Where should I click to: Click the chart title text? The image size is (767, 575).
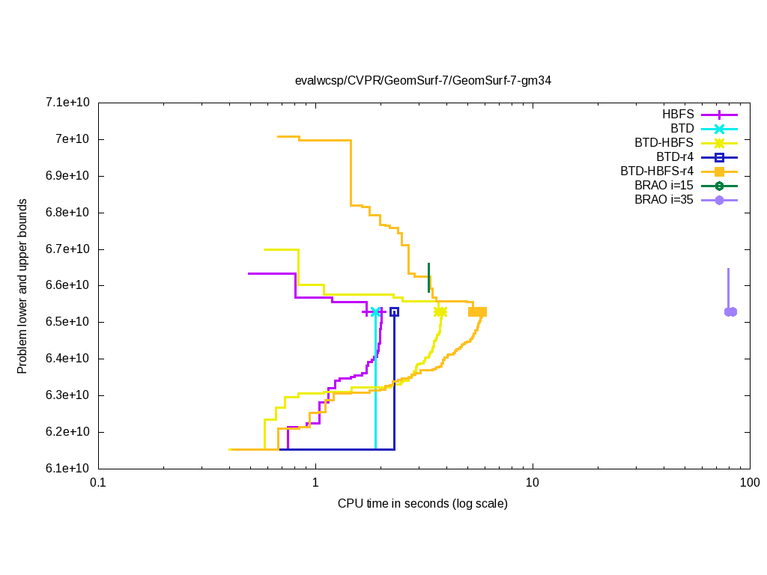pyautogui.click(x=423, y=80)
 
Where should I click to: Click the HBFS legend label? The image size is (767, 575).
pyautogui.click(x=678, y=115)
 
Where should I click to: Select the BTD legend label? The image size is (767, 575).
pyautogui.click(x=682, y=129)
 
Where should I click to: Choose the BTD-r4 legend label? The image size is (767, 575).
pyautogui.click(x=674, y=157)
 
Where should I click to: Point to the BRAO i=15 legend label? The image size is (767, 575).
pyautogui.click(x=664, y=186)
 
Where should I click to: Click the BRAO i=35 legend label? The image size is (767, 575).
pyautogui.click(x=664, y=200)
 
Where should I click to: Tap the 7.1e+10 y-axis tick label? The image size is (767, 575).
pyautogui.click(x=68, y=103)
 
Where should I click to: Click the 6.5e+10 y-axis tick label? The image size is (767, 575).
pyautogui.click(x=68, y=322)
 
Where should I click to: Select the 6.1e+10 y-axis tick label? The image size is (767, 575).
pyautogui.click(x=68, y=469)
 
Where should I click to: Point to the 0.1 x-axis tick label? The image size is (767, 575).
pyautogui.click(x=97, y=483)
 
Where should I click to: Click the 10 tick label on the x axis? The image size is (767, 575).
pyautogui.click(x=533, y=483)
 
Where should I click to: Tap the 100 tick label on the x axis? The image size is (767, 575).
pyautogui.click(x=750, y=483)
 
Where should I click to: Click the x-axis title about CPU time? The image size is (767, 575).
pyautogui.click(x=423, y=503)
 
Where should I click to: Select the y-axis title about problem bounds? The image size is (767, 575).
pyautogui.click(x=23, y=286)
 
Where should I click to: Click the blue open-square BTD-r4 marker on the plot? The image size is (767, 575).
pyautogui.click(x=394, y=311)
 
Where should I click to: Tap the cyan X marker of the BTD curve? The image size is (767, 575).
pyautogui.click(x=375, y=311)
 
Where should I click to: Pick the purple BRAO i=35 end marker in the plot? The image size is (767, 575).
pyautogui.click(x=731, y=311)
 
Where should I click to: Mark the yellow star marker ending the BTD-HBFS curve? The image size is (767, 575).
pyautogui.click(x=440, y=311)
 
